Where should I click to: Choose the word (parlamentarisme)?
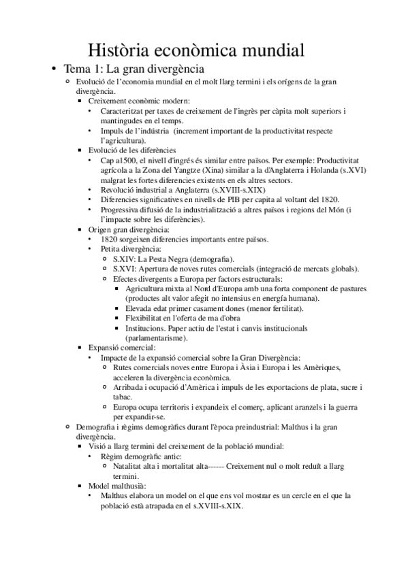(158, 337)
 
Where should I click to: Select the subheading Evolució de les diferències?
(132, 150)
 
